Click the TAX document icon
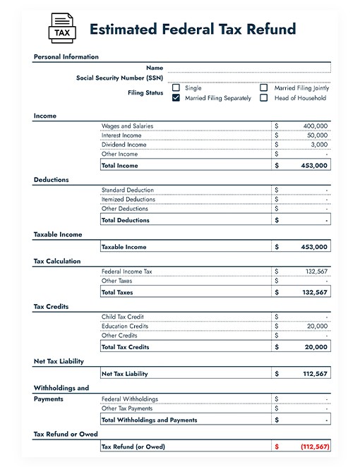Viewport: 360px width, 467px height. [61, 28]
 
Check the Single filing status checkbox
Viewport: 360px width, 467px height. [176, 88]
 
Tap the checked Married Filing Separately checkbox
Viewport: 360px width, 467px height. [176, 99]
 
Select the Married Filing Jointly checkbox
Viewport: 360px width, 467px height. [264, 88]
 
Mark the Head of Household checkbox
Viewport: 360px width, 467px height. [264, 99]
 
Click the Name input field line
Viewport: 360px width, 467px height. [248, 68]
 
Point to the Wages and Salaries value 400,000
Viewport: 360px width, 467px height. [315, 126]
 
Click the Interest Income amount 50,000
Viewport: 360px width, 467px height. [317, 135]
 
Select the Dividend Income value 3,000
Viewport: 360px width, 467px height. [319, 145]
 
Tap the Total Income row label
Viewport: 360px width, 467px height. [120, 166]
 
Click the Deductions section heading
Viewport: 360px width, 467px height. [51, 180]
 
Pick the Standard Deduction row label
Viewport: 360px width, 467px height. [127, 190]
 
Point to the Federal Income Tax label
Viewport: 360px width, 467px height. [126, 272]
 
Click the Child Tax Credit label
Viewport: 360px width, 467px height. [122, 317]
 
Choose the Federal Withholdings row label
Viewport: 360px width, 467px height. [130, 399]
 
